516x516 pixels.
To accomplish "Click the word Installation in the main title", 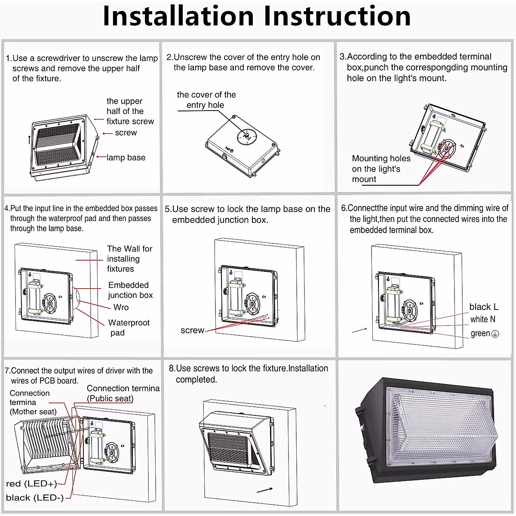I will (x=178, y=16).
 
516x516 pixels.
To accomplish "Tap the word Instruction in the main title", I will (x=337, y=16).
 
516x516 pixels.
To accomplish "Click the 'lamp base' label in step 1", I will (x=126, y=158).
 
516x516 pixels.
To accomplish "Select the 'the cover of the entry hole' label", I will (x=206, y=100).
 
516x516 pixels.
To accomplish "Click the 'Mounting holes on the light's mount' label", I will (x=381, y=169).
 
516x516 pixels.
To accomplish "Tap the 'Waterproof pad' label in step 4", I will (x=129, y=328).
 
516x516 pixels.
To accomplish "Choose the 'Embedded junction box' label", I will (x=130, y=290).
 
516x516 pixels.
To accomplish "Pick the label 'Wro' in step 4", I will (x=121, y=307).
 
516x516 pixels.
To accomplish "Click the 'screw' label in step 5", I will (x=192, y=330).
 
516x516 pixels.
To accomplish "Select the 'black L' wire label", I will (x=484, y=307).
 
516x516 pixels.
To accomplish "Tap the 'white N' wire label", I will (x=482, y=319).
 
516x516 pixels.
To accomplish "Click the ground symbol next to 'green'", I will (x=495, y=334).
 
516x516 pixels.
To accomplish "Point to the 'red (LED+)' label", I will (x=31, y=484).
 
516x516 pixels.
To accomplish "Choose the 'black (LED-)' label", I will (x=35, y=498).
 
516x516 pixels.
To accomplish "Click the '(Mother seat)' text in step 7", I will (x=33, y=412).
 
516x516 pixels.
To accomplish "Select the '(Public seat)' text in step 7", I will (x=110, y=399).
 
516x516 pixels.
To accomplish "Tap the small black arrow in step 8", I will (x=265, y=490).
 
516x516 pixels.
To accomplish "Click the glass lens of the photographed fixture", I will (x=443, y=426).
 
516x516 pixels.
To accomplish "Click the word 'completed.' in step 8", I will (x=196, y=380).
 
